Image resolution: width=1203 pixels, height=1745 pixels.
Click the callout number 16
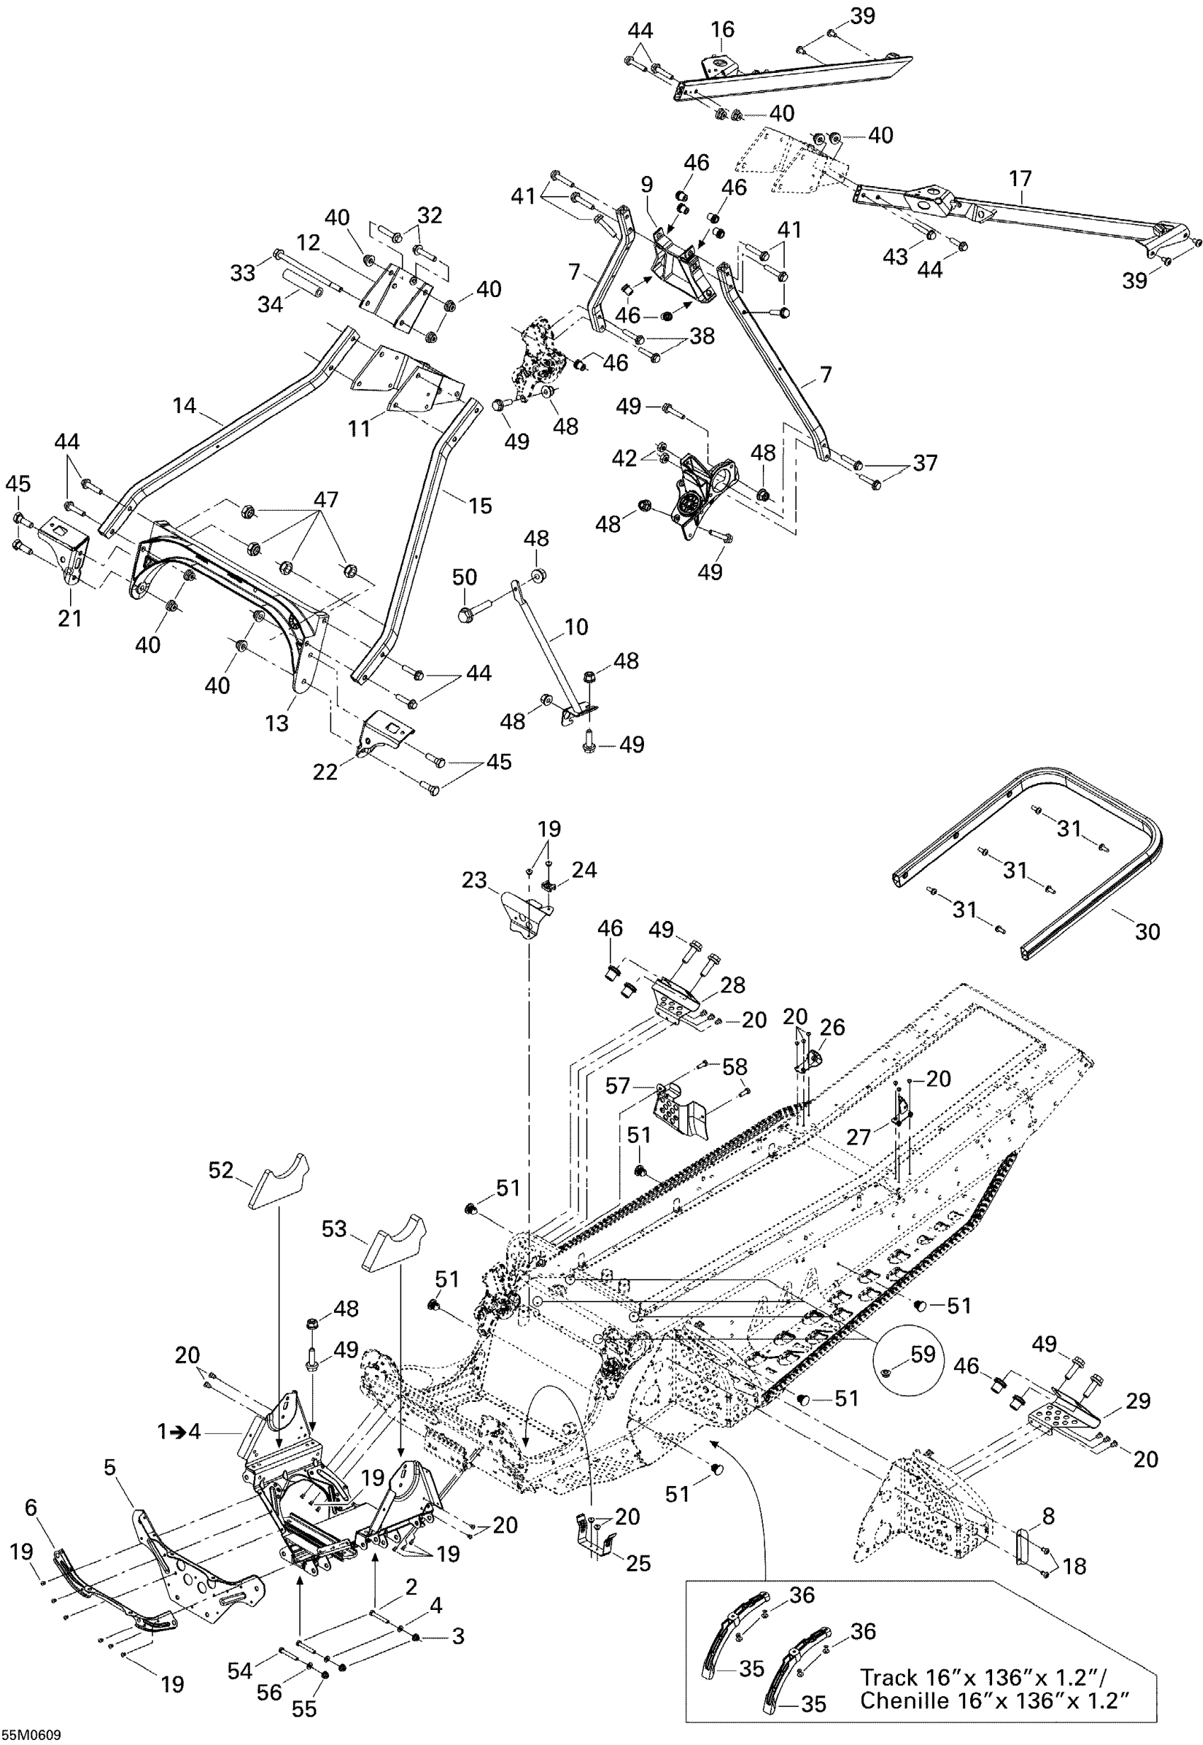coord(722,30)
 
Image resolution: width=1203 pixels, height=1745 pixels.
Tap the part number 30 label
coord(1147,932)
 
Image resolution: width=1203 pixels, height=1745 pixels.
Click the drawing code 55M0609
coord(31,1735)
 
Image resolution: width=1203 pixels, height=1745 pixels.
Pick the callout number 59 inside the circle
coord(923,1354)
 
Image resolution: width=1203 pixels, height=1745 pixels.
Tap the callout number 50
coord(464,577)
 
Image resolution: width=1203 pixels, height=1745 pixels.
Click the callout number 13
coord(277,724)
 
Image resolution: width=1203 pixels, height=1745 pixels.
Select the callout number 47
coord(326,499)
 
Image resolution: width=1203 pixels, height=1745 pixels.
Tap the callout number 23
coord(474,880)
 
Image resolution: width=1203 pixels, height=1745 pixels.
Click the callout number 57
coord(617,1086)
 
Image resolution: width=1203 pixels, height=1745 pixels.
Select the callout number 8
coord(1049,1515)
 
